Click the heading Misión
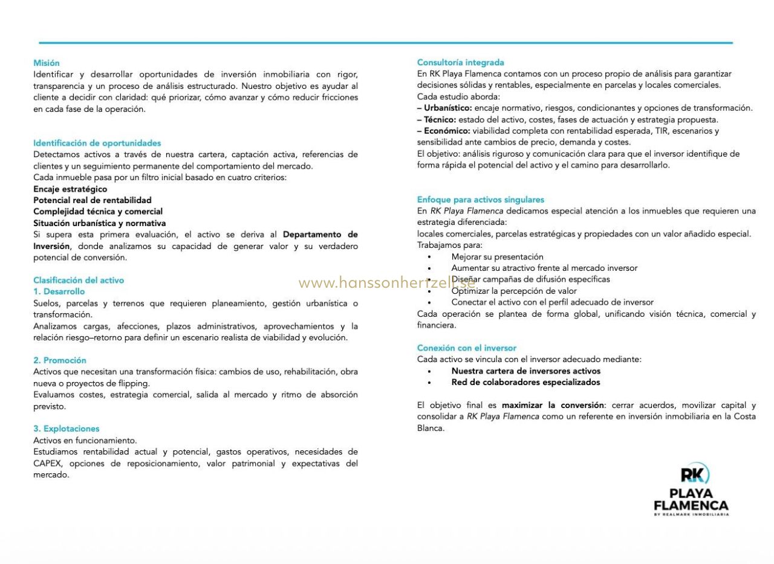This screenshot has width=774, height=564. (x=47, y=63)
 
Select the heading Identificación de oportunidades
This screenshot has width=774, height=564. (x=97, y=143)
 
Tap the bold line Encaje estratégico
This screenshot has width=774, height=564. (x=70, y=189)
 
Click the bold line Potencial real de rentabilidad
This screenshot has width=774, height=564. (x=93, y=200)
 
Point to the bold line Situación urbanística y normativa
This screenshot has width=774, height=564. (x=99, y=223)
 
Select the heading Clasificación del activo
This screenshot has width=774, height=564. (x=79, y=280)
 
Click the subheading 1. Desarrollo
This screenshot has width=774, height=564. (x=59, y=291)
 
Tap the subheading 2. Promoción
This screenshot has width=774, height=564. (x=60, y=360)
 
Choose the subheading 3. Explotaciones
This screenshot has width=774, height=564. (x=67, y=429)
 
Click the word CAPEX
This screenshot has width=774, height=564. (x=48, y=464)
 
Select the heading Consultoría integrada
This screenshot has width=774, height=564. (x=460, y=62)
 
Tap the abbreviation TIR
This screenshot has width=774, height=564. (x=661, y=131)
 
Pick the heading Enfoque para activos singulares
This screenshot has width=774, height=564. (x=480, y=199)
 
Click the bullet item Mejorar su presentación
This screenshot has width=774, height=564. (x=497, y=257)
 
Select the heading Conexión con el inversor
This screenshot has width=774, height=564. (x=466, y=348)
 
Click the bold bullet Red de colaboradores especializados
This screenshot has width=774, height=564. (x=525, y=383)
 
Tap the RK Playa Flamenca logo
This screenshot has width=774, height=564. (x=691, y=490)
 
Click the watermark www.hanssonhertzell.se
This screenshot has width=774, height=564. (x=387, y=282)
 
